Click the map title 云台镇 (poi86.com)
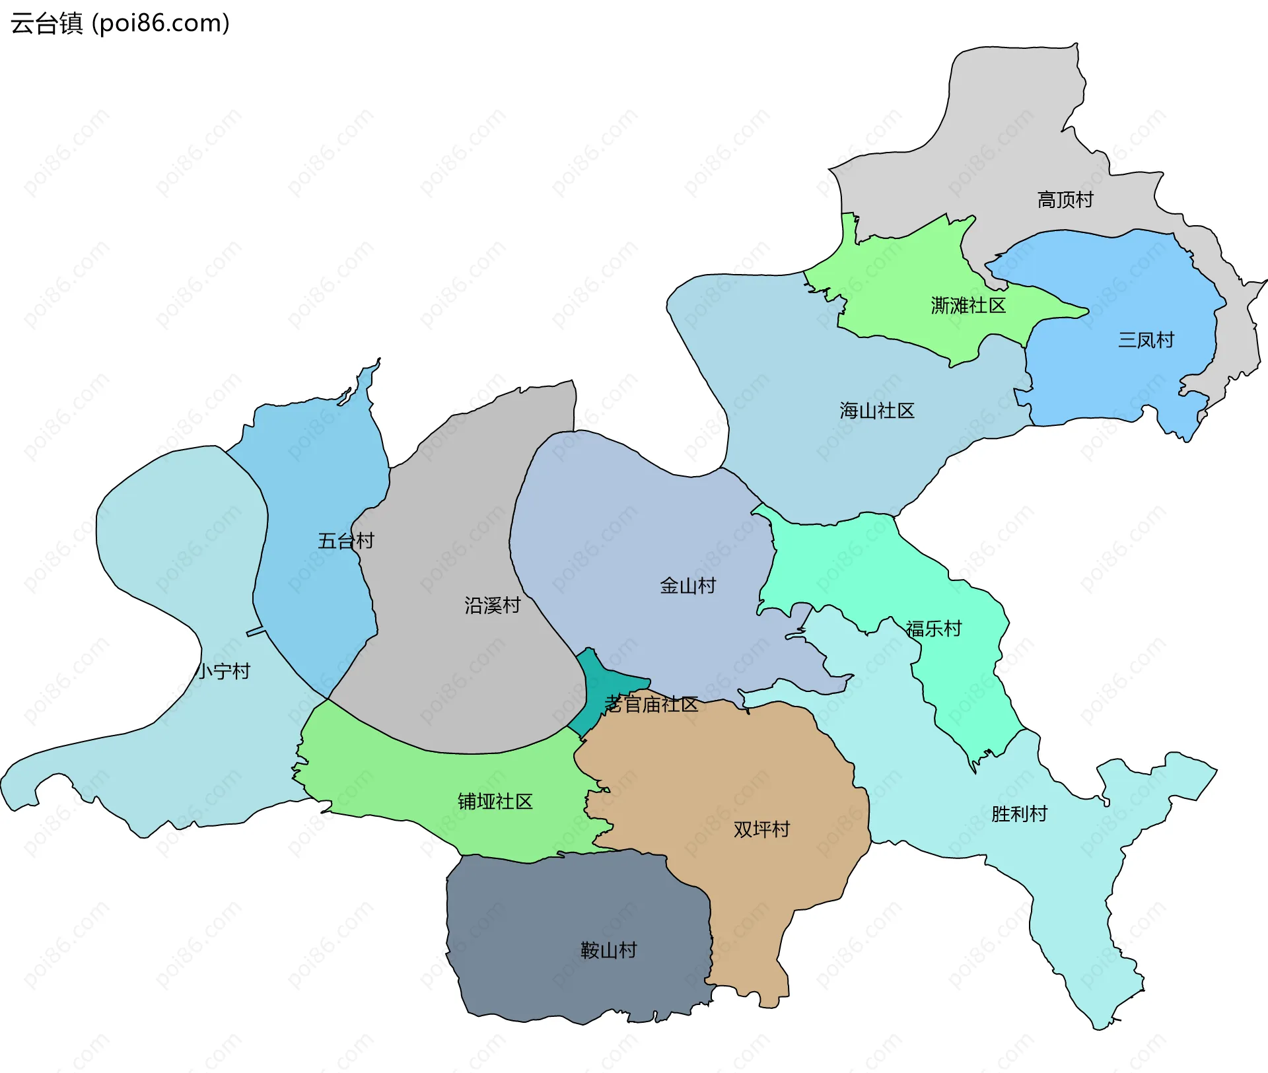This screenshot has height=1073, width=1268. pyautogui.click(x=120, y=23)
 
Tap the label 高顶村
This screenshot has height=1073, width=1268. pyautogui.click(x=1065, y=199)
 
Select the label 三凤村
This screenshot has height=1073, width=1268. pyautogui.click(x=1146, y=340)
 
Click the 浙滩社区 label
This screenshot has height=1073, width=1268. pyautogui.click(x=968, y=306)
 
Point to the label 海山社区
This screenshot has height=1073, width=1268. pyautogui.click(x=877, y=411)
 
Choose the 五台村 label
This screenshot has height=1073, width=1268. pyautogui.click(x=345, y=541)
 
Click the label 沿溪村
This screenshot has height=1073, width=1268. pyautogui.click(x=492, y=605)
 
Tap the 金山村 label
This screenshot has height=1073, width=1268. pyautogui.click(x=687, y=586)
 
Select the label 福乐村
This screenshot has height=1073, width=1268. pyautogui.click(x=933, y=629)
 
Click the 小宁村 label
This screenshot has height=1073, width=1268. pyautogui.click(x=223, y=672)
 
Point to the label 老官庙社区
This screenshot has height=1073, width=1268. pyautogui.click(x=651, y=705)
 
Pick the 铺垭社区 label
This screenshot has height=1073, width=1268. pyautogui.click(x=495, y=802)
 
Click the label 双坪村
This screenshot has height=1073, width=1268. pyautogui.click(x=761, y=829)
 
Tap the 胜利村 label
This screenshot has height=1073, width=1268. pyautogui.click(x=1019, y=814)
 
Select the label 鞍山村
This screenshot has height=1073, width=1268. pyautogui.click(x=608, y=950)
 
